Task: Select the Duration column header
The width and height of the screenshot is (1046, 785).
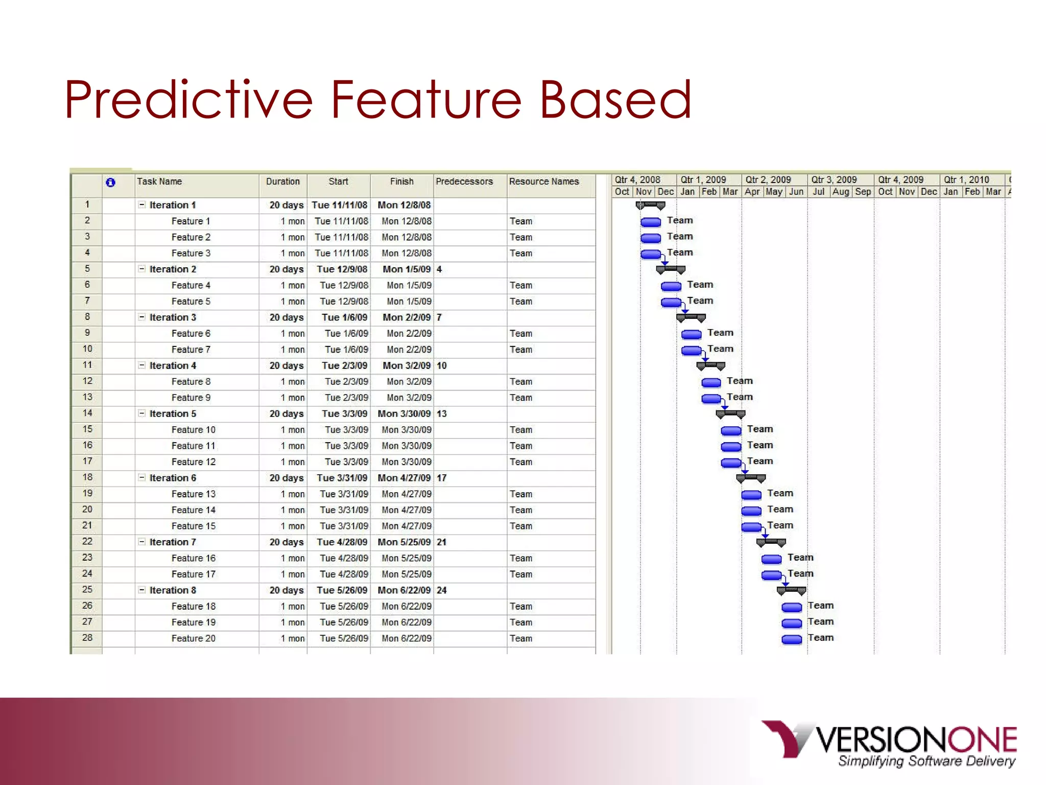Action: pos(282,181)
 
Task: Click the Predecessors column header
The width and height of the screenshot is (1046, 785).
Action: pos(464,181)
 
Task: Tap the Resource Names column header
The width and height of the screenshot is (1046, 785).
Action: pos(543,181)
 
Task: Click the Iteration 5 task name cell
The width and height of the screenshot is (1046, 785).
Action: pos(173,414)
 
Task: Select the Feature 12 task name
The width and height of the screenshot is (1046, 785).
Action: pos(193,462)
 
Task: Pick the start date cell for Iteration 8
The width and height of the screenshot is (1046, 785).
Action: pos(342,590)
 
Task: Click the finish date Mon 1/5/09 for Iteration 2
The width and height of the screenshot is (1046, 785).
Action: pos(407,269)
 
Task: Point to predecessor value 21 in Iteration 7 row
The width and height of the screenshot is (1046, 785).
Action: pos(442,542)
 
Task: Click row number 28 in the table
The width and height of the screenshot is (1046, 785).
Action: pos(87,638)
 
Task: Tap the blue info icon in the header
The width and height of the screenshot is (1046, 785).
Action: pos(110,182)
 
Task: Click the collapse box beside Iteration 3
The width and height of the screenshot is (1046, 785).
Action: pos(142,317)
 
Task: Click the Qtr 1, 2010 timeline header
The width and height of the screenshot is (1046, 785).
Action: pos(966,180)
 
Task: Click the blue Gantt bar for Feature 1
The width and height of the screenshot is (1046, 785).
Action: pos(651,222)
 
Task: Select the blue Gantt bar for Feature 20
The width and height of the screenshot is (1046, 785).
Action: pos(792,639)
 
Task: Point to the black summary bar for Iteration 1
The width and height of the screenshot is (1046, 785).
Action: pos(650,205)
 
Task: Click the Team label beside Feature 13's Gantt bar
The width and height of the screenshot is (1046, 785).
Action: pos(780,493)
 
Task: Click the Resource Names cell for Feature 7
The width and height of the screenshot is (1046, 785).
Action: pos(521,350)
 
